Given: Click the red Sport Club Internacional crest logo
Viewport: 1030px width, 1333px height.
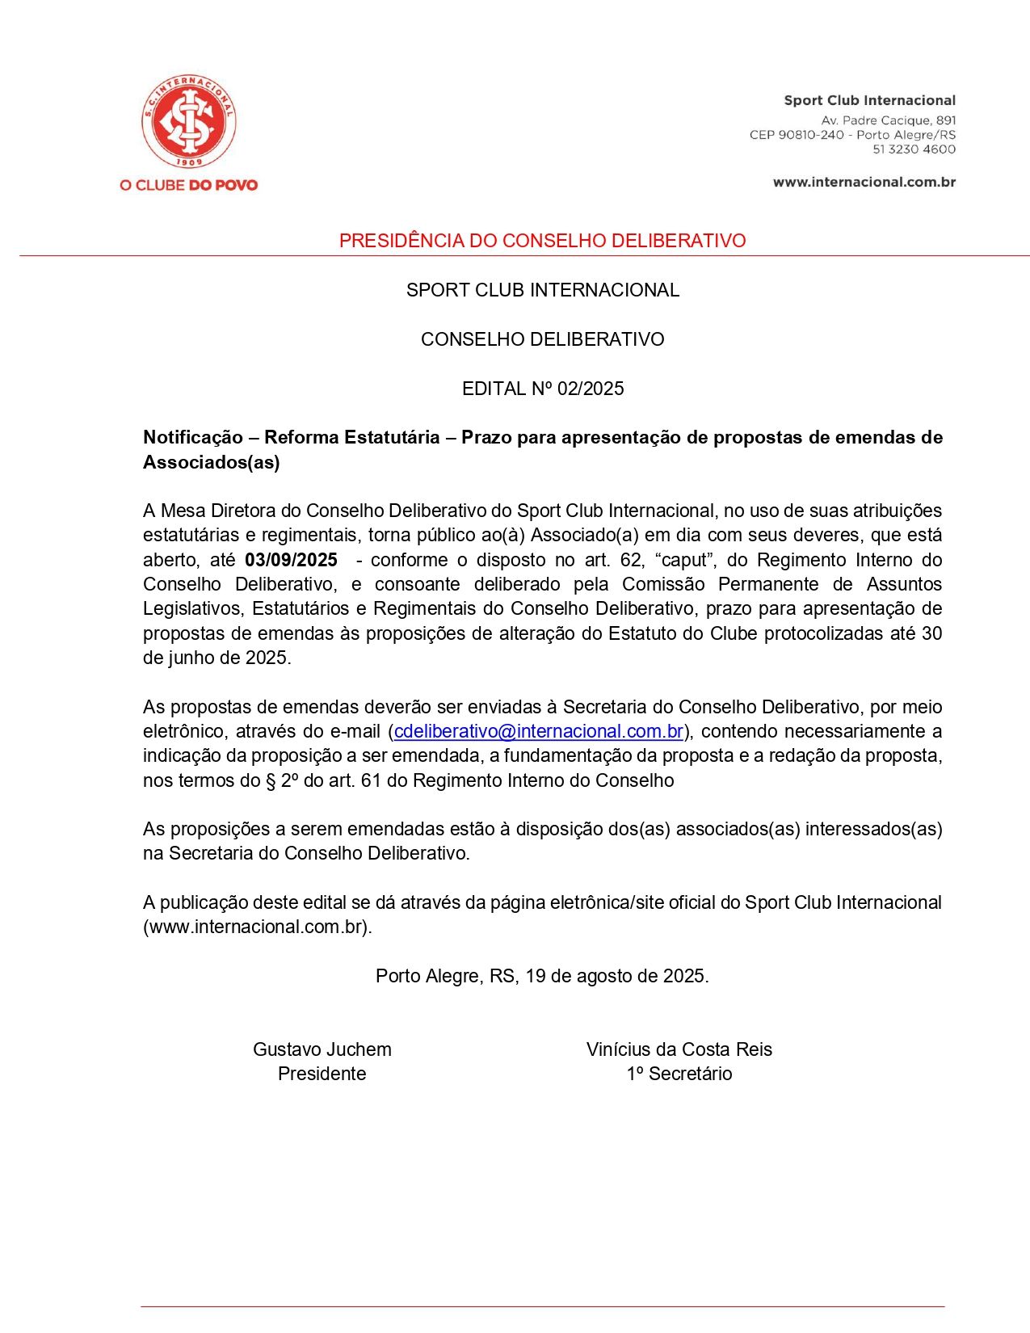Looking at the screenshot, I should [189, 122].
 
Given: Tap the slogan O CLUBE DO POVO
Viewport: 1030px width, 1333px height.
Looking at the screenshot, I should [188, 185].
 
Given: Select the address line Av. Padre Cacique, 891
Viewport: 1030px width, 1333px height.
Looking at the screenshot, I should [889, 120].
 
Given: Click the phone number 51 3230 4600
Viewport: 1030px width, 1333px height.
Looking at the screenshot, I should [914, 149].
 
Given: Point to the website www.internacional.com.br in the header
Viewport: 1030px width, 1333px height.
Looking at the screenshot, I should [864, 182].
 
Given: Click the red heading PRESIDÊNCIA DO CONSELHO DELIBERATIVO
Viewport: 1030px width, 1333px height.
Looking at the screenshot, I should [542, 241].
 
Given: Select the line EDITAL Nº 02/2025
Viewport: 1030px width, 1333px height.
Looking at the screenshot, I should [542, 389].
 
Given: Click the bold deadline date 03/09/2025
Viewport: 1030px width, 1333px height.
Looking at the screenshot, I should [291, 560].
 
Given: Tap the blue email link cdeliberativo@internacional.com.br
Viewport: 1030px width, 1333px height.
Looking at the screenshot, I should [539, 731].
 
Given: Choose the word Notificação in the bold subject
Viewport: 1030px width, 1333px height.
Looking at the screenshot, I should [193, 437].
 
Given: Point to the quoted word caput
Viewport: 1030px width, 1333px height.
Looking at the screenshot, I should [683, 560].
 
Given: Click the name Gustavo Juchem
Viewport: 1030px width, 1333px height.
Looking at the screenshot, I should [322, 1049].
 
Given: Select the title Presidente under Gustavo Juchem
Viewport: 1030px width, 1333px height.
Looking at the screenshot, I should [322, 1074].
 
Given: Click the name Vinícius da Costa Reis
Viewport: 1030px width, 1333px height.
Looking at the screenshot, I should [679, 1049].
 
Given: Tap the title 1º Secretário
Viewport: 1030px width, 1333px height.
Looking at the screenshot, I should [679, 1074].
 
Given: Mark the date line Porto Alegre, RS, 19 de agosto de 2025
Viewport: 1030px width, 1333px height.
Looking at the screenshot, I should [542, 976].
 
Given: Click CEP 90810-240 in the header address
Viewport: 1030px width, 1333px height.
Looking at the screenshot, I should [797, 134].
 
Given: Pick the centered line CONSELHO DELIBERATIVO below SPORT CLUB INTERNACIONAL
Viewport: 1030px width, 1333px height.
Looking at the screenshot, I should [542, 339].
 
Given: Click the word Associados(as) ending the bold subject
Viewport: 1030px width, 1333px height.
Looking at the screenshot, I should [212, 462].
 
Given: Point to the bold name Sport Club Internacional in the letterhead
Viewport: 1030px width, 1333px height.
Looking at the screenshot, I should [869, 100].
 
